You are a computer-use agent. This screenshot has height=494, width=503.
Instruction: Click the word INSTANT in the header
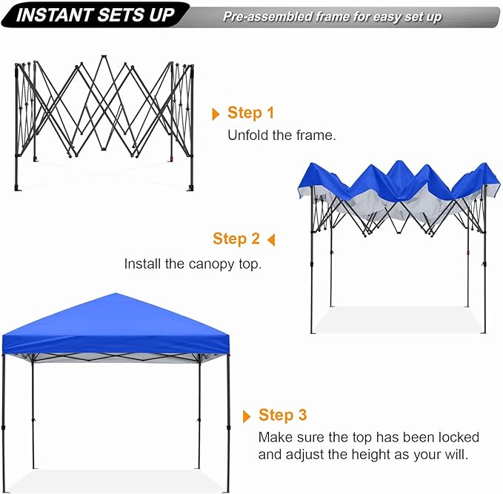point(50,16)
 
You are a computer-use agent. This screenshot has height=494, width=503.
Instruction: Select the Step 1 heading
point(250,113)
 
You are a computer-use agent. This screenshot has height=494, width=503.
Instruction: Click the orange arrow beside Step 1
point(216,114)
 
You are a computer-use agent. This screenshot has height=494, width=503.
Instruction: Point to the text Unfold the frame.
point(282,136)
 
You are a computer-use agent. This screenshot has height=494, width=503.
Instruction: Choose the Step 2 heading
point(236,238)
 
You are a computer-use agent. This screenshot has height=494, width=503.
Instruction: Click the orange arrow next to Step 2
point(271,239)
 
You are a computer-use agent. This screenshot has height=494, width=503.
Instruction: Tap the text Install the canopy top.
point(193,264)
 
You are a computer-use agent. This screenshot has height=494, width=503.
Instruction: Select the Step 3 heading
point(282,415)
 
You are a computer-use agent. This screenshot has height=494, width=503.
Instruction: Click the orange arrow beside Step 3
point(247,415)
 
